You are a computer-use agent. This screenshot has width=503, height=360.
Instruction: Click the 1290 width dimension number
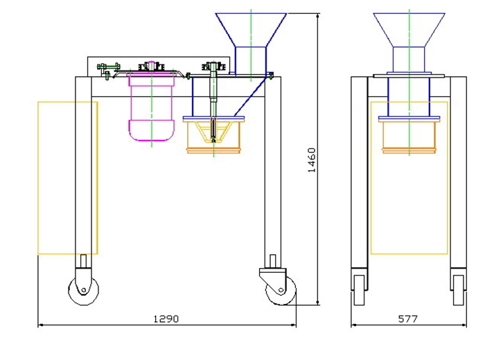click(x=166, y=318)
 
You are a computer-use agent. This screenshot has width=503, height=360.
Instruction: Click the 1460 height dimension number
click(x=312, y=160)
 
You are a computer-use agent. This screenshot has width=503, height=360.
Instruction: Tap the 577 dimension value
click(x=407, y=318)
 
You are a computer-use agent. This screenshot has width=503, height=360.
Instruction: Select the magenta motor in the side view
click(x=152, y=107)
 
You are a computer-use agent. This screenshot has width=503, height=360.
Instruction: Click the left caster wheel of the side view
click(x=83, y=290)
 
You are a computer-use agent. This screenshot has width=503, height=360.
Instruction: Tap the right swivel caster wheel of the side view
click(x=281, y=290)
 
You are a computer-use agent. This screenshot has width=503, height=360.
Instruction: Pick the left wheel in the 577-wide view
click(x=359, y=290)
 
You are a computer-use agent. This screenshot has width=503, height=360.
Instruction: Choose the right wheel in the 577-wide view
click(x=458, y=290)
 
